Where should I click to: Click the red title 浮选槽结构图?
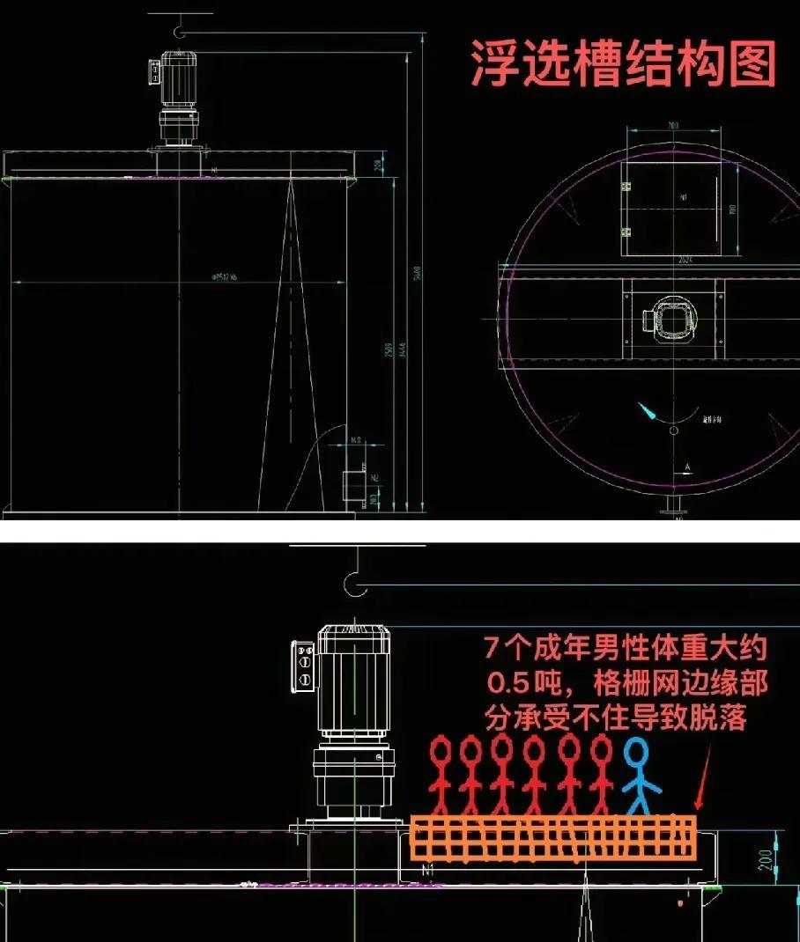(623, 63)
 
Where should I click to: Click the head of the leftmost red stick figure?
(440, 750)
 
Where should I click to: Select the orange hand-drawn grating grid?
(552, 838)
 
